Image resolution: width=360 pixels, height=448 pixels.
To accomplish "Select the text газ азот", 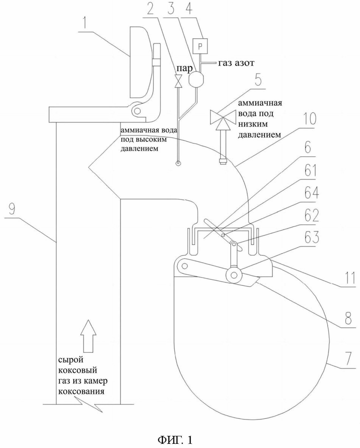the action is pyautogui.click(x=236, y=62).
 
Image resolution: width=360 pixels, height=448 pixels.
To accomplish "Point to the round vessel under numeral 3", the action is pyautogui.click(x=196, y=79).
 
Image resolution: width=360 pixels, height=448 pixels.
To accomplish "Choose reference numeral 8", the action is pyautogui.click(x=348, y=316).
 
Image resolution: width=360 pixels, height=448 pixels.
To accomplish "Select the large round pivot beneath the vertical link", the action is pyautogui.click(x=234, y=275).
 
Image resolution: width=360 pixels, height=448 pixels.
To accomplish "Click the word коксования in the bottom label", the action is pyautogui.click(x=81, y=391).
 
